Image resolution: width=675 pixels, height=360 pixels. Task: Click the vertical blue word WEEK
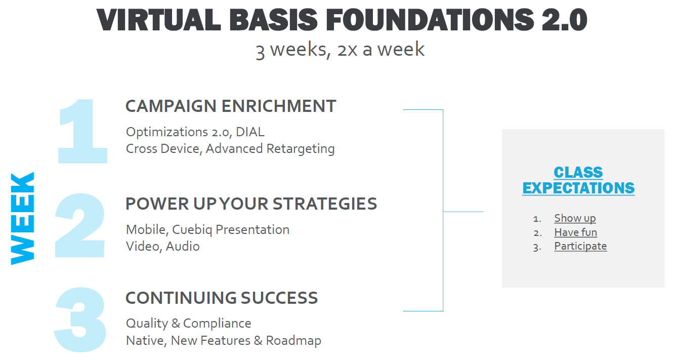click(x=23, y=218)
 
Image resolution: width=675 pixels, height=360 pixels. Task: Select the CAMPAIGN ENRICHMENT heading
click(x=231, y=106)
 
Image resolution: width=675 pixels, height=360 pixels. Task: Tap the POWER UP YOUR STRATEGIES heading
click(x=251, y=204)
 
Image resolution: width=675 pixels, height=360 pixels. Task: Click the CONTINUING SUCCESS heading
click(x=222, y=298)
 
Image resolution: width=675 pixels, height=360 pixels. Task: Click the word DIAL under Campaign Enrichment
click(x=250, y=132)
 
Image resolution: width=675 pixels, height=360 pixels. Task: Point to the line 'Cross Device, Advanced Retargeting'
click(x=230, y=149)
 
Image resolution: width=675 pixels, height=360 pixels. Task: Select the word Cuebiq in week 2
click(x=190, y=229)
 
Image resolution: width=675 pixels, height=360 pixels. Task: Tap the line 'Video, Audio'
click(x=162, y=247)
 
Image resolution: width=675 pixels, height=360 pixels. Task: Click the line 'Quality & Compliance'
click(x=188, y=324)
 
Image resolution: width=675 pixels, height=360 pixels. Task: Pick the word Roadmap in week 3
click(x=293, y=340)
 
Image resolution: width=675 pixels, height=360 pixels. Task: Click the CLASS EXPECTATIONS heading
click(x=578, y=180)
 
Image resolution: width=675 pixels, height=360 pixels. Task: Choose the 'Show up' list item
click(x=575, y=218)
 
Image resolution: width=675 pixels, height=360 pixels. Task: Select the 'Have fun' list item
click(x=575, y=232)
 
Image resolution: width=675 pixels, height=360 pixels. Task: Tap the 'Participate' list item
click(x=580, y=246)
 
